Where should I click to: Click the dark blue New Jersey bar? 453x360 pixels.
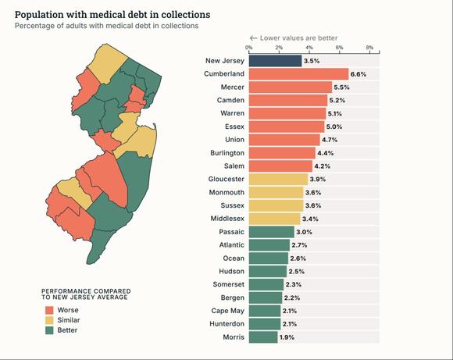coord(275,60)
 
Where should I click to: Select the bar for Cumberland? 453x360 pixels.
coord(298,73)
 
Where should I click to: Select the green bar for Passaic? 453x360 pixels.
coord(271,231)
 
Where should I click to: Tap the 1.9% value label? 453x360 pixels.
coord(287,337)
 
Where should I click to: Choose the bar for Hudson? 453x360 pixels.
coord(267,271)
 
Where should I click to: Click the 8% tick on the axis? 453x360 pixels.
coord(369,48)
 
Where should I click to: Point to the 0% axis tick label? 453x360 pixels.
coord(248,48)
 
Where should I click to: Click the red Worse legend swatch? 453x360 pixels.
coord(48,310)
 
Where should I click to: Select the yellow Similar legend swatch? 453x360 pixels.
coord(48,320)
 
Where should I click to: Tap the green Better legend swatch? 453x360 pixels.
coord(48,330)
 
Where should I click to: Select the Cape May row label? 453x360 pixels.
coord(227,310)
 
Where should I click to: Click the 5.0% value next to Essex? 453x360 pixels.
coord(334,127)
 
